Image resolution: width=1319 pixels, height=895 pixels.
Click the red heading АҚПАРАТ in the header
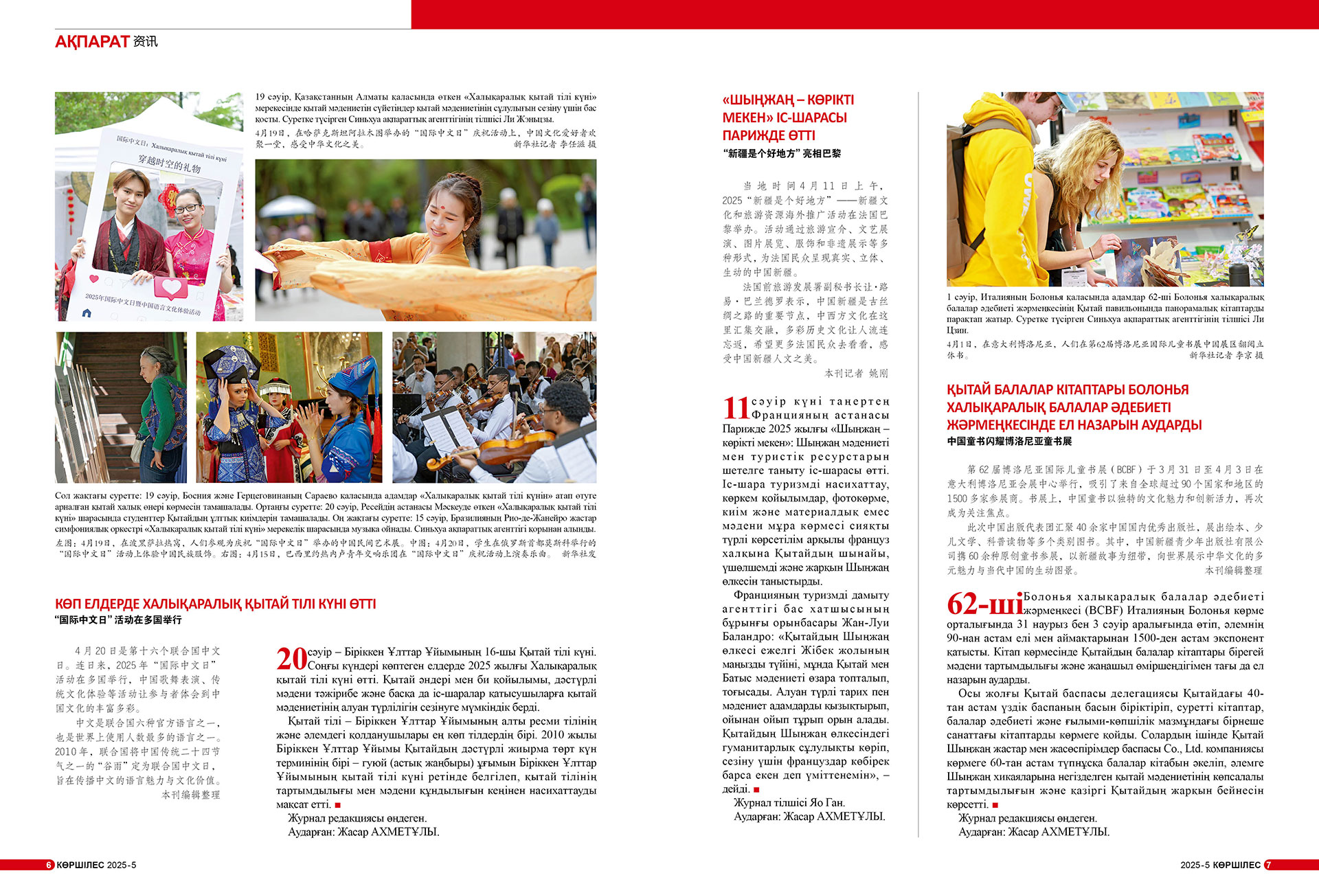tap(92, 42)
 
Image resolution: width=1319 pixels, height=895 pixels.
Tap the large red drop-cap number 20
tap(291, 659)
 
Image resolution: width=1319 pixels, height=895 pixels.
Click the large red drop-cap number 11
tap(736, 408)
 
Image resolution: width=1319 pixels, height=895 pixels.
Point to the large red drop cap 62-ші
tap(984, 604)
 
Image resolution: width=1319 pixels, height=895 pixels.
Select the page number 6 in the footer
tap(49, 865)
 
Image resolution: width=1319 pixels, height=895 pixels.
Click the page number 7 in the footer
tap(1268, 865)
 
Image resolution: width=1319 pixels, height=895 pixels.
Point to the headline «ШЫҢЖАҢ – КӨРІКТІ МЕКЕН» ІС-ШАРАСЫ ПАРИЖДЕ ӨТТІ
tap(788, 117)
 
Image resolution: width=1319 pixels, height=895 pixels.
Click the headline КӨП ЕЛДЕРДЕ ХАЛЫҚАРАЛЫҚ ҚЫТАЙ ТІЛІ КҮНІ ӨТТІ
tap(216, 604)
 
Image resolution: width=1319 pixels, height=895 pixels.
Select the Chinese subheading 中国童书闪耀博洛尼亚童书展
tap(1009, 441)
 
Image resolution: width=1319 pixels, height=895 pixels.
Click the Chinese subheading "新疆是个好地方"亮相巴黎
tap(782, 154)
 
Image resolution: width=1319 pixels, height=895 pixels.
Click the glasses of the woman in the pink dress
tap(187, 208)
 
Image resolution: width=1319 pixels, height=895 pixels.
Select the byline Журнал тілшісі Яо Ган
tap(789, 802)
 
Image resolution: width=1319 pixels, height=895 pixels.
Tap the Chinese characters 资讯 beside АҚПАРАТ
tap(146, 42)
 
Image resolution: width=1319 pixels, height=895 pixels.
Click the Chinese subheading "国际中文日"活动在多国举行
tap(119, 620)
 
